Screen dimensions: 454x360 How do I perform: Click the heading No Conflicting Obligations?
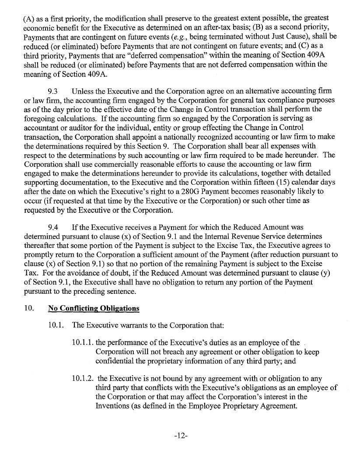93,308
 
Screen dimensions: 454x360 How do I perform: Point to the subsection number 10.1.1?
82,343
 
